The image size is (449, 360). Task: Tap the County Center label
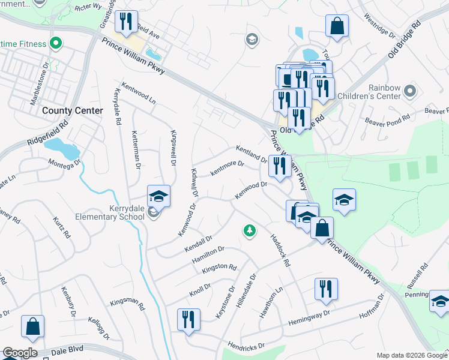pyautogui.click(x=73, y=111)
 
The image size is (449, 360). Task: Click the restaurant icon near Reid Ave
pyautogui.click(x=126, y=23)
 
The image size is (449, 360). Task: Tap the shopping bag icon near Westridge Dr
pyautogui.click(x=337, y=26)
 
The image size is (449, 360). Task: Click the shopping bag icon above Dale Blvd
pyautogui.click(x=32, y=326)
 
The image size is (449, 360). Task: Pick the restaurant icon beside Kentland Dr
pyautogui.click(x=280, y=166)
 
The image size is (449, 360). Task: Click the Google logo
pyautogui.click(x=20, y=353)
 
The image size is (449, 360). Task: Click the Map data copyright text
pyautogui.click(x=412, y=355)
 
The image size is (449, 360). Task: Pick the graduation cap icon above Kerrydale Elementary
pyautogui.click(x=158, y=196)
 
